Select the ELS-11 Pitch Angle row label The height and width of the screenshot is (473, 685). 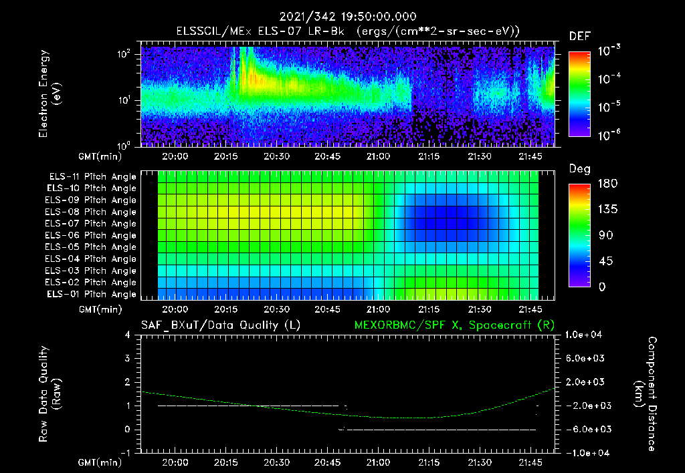pyautogui.click(x=92, y=176)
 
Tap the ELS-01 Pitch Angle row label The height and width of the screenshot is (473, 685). pyautogui.click(x=92, y=294)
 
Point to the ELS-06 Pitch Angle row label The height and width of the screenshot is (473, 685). pyautogui.click(x=92, y=235)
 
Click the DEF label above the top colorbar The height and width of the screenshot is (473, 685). pyautogui.click(x=579, y=36)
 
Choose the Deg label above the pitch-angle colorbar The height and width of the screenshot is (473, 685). pyautogui.click(x=579, y=169)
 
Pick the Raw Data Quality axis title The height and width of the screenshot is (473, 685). pyautogui.click(x=50, y=393)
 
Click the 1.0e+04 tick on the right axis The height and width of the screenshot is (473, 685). pyautogui.click(x=585, y=335)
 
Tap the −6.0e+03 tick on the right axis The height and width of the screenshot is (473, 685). pyautogui.click(x=585, y=429)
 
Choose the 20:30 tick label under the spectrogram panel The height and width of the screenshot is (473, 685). pyautogui.click(x=276, y=156)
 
